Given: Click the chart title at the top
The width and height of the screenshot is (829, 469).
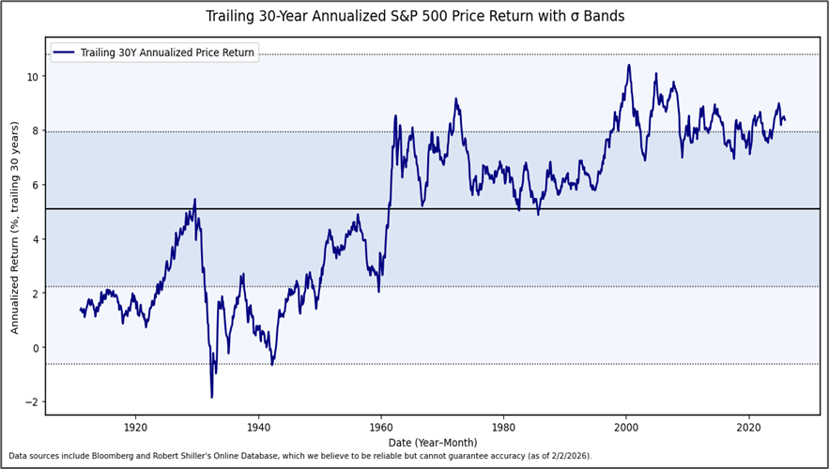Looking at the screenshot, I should (414, 17).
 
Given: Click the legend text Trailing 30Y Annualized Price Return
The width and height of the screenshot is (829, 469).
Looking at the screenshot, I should (167, 53).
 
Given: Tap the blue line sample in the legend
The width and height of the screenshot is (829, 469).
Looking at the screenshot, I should (65, 53).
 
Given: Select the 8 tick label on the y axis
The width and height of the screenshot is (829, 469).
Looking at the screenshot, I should (35, 130).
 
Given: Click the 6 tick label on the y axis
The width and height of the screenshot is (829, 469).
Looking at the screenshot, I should (35, 185).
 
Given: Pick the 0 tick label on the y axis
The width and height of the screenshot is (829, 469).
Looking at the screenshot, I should (35, 348).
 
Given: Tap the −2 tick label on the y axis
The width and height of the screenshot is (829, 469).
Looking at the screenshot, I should (31, 402).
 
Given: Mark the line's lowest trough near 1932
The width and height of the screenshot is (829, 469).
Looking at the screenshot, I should (211, 397).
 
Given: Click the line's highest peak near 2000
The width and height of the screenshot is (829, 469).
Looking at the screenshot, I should (628, 65).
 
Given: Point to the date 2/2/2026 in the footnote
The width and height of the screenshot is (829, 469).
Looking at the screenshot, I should (566, 457).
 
